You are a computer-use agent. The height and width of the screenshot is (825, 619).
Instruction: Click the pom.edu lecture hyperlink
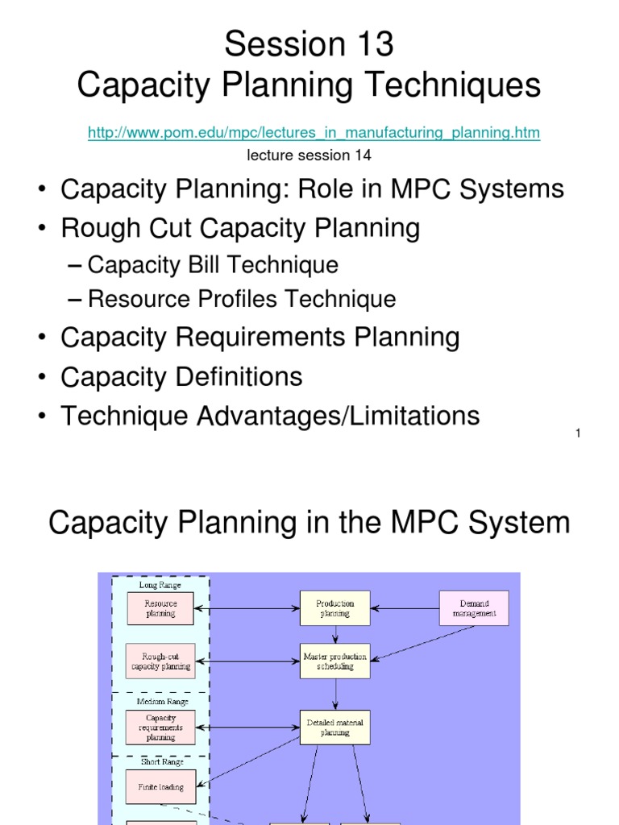pos(314,132)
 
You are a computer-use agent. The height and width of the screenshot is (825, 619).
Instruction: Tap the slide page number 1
pos(579,434)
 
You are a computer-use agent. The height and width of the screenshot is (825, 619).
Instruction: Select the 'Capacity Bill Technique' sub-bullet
pos(213,264)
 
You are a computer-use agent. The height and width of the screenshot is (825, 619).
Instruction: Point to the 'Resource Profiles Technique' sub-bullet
pos(242,299)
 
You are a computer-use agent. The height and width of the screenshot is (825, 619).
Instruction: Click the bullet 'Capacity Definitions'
pos(182,376)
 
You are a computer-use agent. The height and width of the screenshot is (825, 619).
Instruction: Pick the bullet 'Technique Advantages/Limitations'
pos(270,416)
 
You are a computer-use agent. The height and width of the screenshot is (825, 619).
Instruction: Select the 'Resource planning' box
pos(161,607)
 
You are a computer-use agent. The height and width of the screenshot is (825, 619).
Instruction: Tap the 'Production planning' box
pos(334,607)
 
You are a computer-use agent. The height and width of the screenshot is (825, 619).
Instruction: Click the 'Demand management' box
pos(474,607)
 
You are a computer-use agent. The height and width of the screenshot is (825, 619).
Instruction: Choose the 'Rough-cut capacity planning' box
pos(161,661)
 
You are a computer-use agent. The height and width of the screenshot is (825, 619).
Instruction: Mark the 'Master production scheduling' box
pos(334,661)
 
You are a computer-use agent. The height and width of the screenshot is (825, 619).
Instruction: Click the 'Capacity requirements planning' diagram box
pos(161,727)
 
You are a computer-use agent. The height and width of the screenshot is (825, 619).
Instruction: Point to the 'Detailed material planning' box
pos(334,728)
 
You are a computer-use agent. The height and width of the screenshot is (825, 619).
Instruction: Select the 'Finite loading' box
pos(161,787)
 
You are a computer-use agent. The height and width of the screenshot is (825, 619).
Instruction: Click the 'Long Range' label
pos(160,585)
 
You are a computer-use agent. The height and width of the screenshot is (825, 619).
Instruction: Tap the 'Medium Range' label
pos(161,702)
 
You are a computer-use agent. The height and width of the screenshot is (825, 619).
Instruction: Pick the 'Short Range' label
pos(161,761)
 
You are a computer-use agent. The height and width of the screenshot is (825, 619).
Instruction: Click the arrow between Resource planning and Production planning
pos(247,607)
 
